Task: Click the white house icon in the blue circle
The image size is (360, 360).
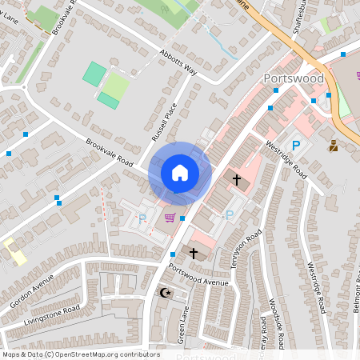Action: click(x=179, y=172)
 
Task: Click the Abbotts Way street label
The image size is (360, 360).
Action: click(x=178, y=71)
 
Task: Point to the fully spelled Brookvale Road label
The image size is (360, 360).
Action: click(x=110, y=150)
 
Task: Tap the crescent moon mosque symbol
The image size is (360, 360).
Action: click(x=166, y=293)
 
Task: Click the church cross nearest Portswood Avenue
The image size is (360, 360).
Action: click(x=193, y=253)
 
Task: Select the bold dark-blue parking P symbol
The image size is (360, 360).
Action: click(x=295, y=146)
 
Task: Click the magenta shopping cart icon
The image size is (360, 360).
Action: click(x=169, y=217)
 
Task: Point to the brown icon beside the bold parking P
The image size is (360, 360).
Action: click(x=333, y=146)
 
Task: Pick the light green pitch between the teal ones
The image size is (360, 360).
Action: click(x=117, y=86)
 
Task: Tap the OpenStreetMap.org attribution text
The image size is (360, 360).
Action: click(x=104, y=354)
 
